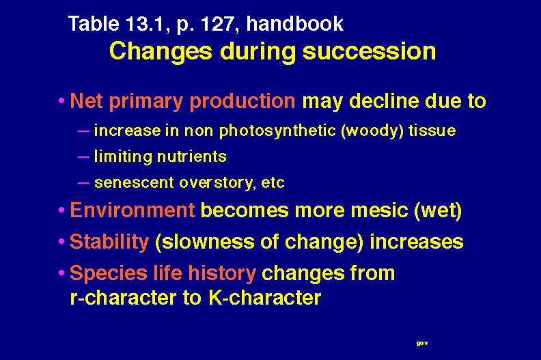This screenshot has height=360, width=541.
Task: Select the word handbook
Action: coord(295,23)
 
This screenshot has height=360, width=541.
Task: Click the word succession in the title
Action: coord(369,51)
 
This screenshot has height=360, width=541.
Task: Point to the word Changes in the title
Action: coord(161,52)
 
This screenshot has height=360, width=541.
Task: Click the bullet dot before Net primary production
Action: coord(61,101)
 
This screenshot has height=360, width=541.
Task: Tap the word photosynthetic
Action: coord(277,131)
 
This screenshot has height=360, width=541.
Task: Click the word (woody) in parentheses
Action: coord(372,131)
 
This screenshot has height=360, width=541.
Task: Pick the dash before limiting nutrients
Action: coord(83,157)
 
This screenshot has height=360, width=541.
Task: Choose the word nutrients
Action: coord(192,156)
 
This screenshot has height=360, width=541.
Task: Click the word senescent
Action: coord(134,182)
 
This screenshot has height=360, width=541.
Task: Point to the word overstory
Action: coord(217,183)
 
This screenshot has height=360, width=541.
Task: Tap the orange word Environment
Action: coord(133,210)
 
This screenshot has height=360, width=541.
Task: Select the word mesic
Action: coord(380,210)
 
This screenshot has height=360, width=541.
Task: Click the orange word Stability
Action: coord(109,242)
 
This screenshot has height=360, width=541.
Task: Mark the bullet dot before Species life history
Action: coord(61,273)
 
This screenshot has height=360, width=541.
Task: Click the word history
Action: coord(222,273)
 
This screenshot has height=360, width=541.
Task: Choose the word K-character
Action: coord(265,297)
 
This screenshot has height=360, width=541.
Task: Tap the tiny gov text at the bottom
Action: coord(422,343)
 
